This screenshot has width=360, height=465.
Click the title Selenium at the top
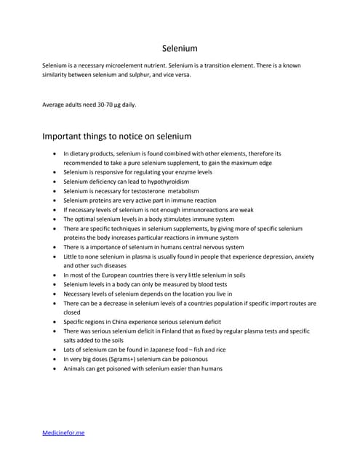[180, 49]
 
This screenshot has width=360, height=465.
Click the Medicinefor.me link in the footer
[64, 432]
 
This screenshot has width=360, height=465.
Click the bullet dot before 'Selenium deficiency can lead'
[56, 182]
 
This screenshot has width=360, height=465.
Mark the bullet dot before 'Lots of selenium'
[56, 349]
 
